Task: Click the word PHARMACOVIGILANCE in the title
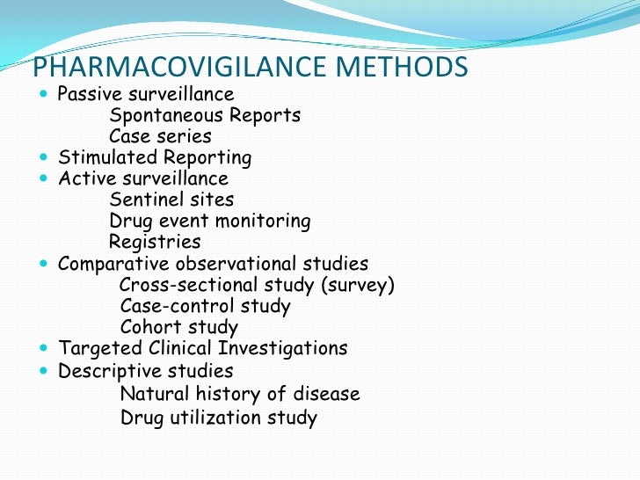click(169, 68)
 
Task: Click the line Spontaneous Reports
click(205, 115)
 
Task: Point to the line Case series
click(160, 136)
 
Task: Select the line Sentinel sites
click(171, 200)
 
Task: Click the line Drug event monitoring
click(210, 221)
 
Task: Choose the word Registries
click(155, 242)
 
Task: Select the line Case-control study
click(205, 306)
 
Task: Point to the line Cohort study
click(178, 327)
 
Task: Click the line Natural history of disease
click(240, 393)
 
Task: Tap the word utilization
click(220, 418)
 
